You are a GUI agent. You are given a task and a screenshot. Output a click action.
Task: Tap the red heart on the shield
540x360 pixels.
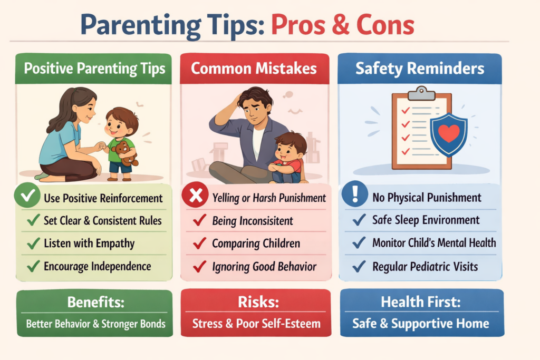(x=449, y=133)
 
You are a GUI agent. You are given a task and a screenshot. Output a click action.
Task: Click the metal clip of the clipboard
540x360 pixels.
(x=421, y=93)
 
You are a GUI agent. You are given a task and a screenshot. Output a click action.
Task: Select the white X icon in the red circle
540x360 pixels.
(x=195, y=198)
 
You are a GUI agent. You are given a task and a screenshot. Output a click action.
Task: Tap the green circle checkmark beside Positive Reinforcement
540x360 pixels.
(x=27, y=198)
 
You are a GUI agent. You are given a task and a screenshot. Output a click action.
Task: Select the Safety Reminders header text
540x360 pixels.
(x=419, y=69)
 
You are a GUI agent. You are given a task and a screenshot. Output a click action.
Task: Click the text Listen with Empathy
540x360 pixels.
(x=89, y=244)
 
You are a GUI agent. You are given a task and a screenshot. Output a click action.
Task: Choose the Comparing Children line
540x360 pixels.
(x=256, y=244)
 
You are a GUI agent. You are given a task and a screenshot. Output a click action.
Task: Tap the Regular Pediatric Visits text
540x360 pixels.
(x=425, y=266)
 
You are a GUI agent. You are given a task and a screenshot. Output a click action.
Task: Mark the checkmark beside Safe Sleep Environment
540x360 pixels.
(x=360, y=220)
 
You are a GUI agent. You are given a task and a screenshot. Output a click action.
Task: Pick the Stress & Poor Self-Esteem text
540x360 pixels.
(x=255, y=323)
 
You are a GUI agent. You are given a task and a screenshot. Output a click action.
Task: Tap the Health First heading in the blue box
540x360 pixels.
(x=420, y=303)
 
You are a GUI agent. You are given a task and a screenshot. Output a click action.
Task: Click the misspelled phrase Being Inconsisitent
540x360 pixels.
(x=253, y=221)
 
